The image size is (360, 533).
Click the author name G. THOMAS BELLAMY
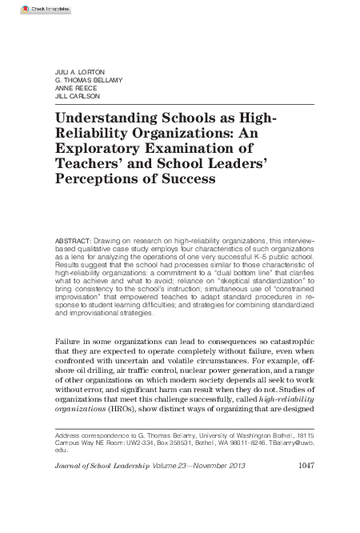[89, 80]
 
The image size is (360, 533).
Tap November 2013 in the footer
[226, 466]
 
